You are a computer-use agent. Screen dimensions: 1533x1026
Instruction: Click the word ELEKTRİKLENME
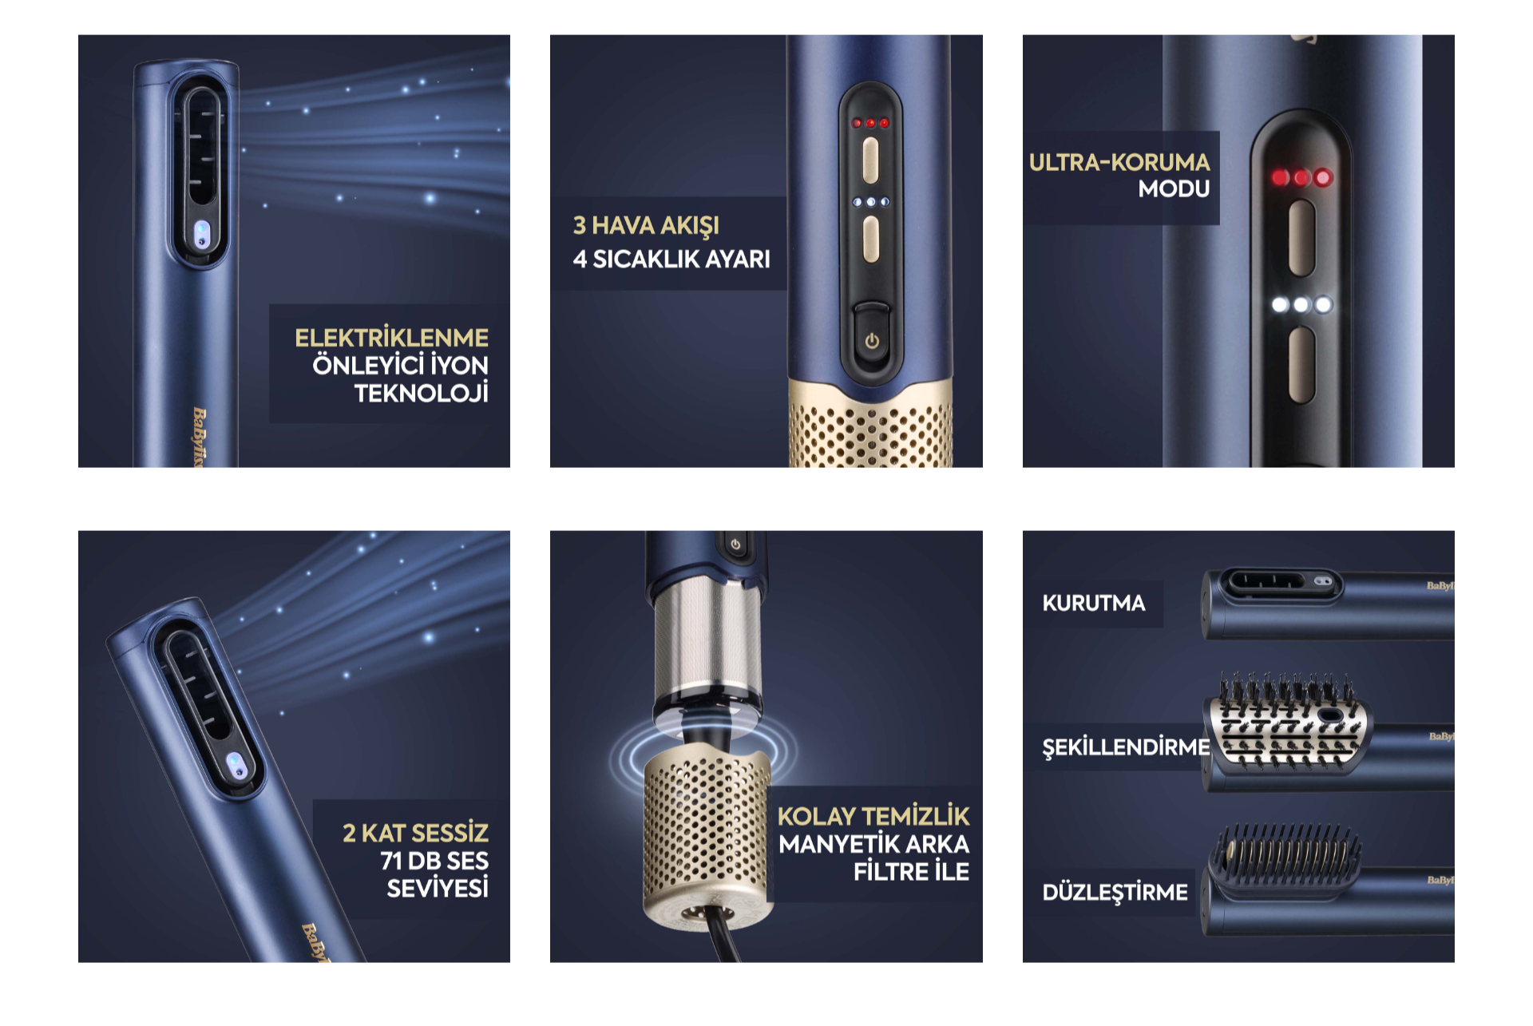[391, 338]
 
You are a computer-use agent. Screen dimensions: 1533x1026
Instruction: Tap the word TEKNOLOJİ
[421, 393]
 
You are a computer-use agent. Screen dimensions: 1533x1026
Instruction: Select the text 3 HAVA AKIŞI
[646, 226]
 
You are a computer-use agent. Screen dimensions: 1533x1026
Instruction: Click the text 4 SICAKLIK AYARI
[671, 259]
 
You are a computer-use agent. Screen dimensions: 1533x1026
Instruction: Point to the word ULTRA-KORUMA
[1119, 162]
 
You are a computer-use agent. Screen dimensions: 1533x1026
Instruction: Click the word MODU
[1174, 189]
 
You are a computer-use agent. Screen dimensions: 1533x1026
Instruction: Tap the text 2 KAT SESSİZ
[415, 833]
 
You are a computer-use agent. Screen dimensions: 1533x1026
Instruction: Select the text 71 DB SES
[434, 861]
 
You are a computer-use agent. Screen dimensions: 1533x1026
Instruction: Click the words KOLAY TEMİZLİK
[873, 816]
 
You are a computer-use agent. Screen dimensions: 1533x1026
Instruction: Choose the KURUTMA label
[1093, 603]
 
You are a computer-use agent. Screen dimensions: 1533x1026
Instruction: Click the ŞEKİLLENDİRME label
[1126, 747]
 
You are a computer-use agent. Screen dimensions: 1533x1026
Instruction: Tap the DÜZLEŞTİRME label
[1115, 892]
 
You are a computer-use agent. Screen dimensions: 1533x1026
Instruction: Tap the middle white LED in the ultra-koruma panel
[1301, 304]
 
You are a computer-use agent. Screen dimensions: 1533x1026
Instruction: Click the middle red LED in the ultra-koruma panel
[1301, 177]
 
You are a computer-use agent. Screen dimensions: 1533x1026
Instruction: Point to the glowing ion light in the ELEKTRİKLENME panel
[202, 235]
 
